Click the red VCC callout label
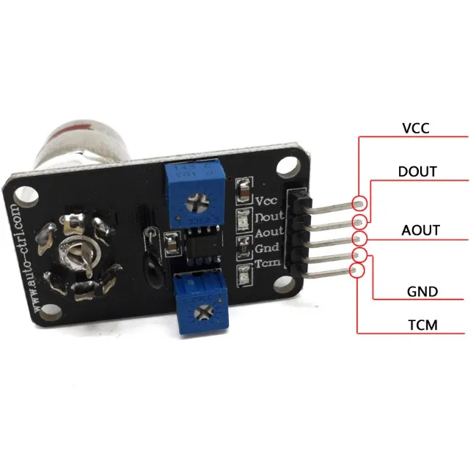pos(415,128)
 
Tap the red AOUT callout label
pos(421,230)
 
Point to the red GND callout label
pos(422,291)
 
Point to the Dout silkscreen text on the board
pos(267,217)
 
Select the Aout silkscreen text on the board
pos(268,233)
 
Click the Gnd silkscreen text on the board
pos(266,248)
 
